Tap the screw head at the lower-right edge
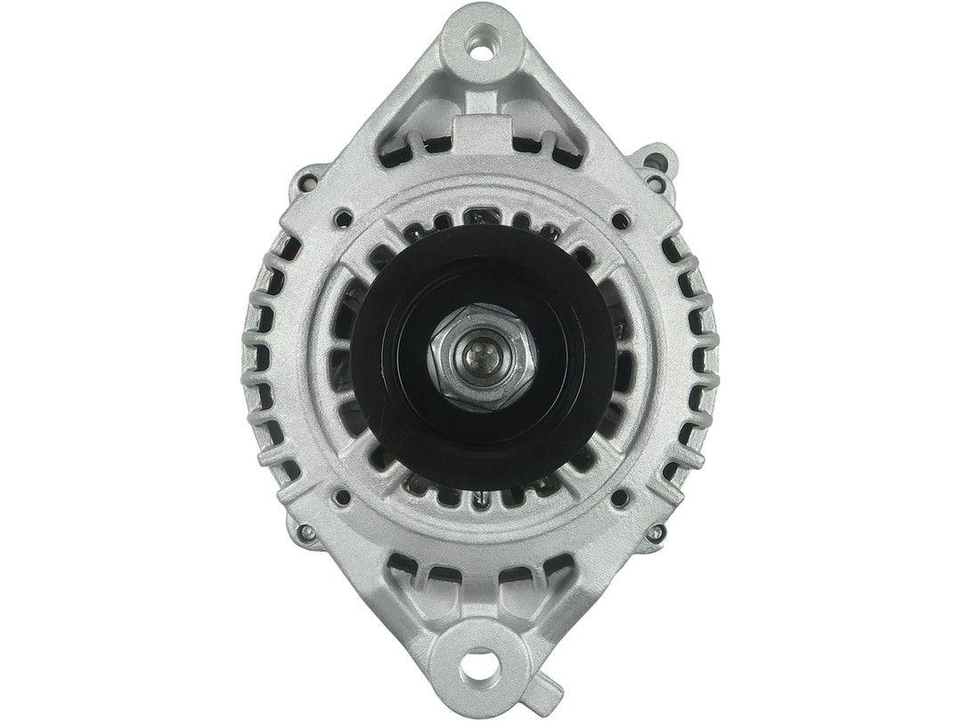(660, 532)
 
